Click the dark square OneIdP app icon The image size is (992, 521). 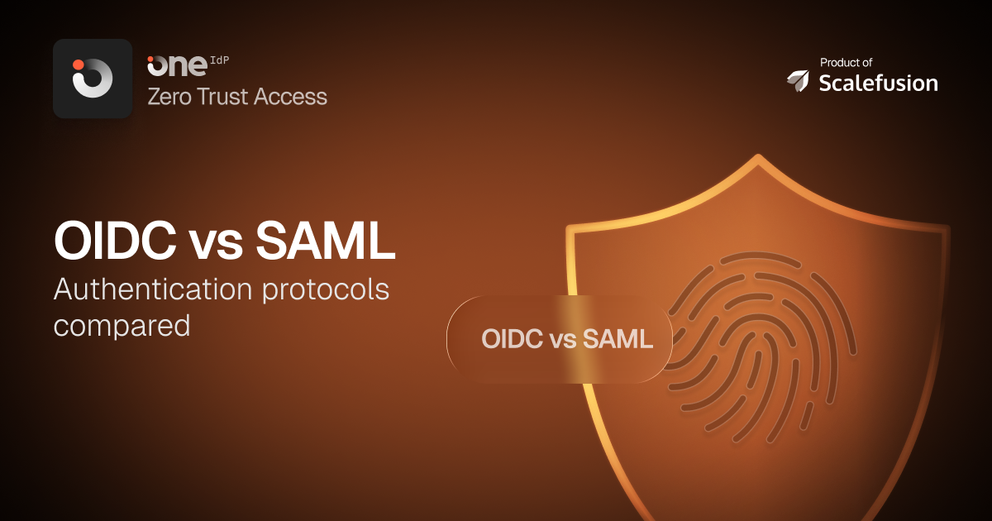pyautogui.click(x=93, y=79)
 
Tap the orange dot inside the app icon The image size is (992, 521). pyautogui.click(x=79, y=65)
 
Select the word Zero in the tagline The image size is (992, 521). pyautogui.click(x=169, y=97)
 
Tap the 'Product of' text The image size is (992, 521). pyautogui.click(x=846, y=62)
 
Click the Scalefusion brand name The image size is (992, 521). pyautogui.click(x=878, y=83)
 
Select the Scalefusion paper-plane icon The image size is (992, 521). pyautogui.click(x=798, y=80)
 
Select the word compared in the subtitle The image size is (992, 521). pyautogui.click(x=122, y=325)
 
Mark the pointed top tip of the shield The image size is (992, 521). pyautogui.click(x=759, y=158)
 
